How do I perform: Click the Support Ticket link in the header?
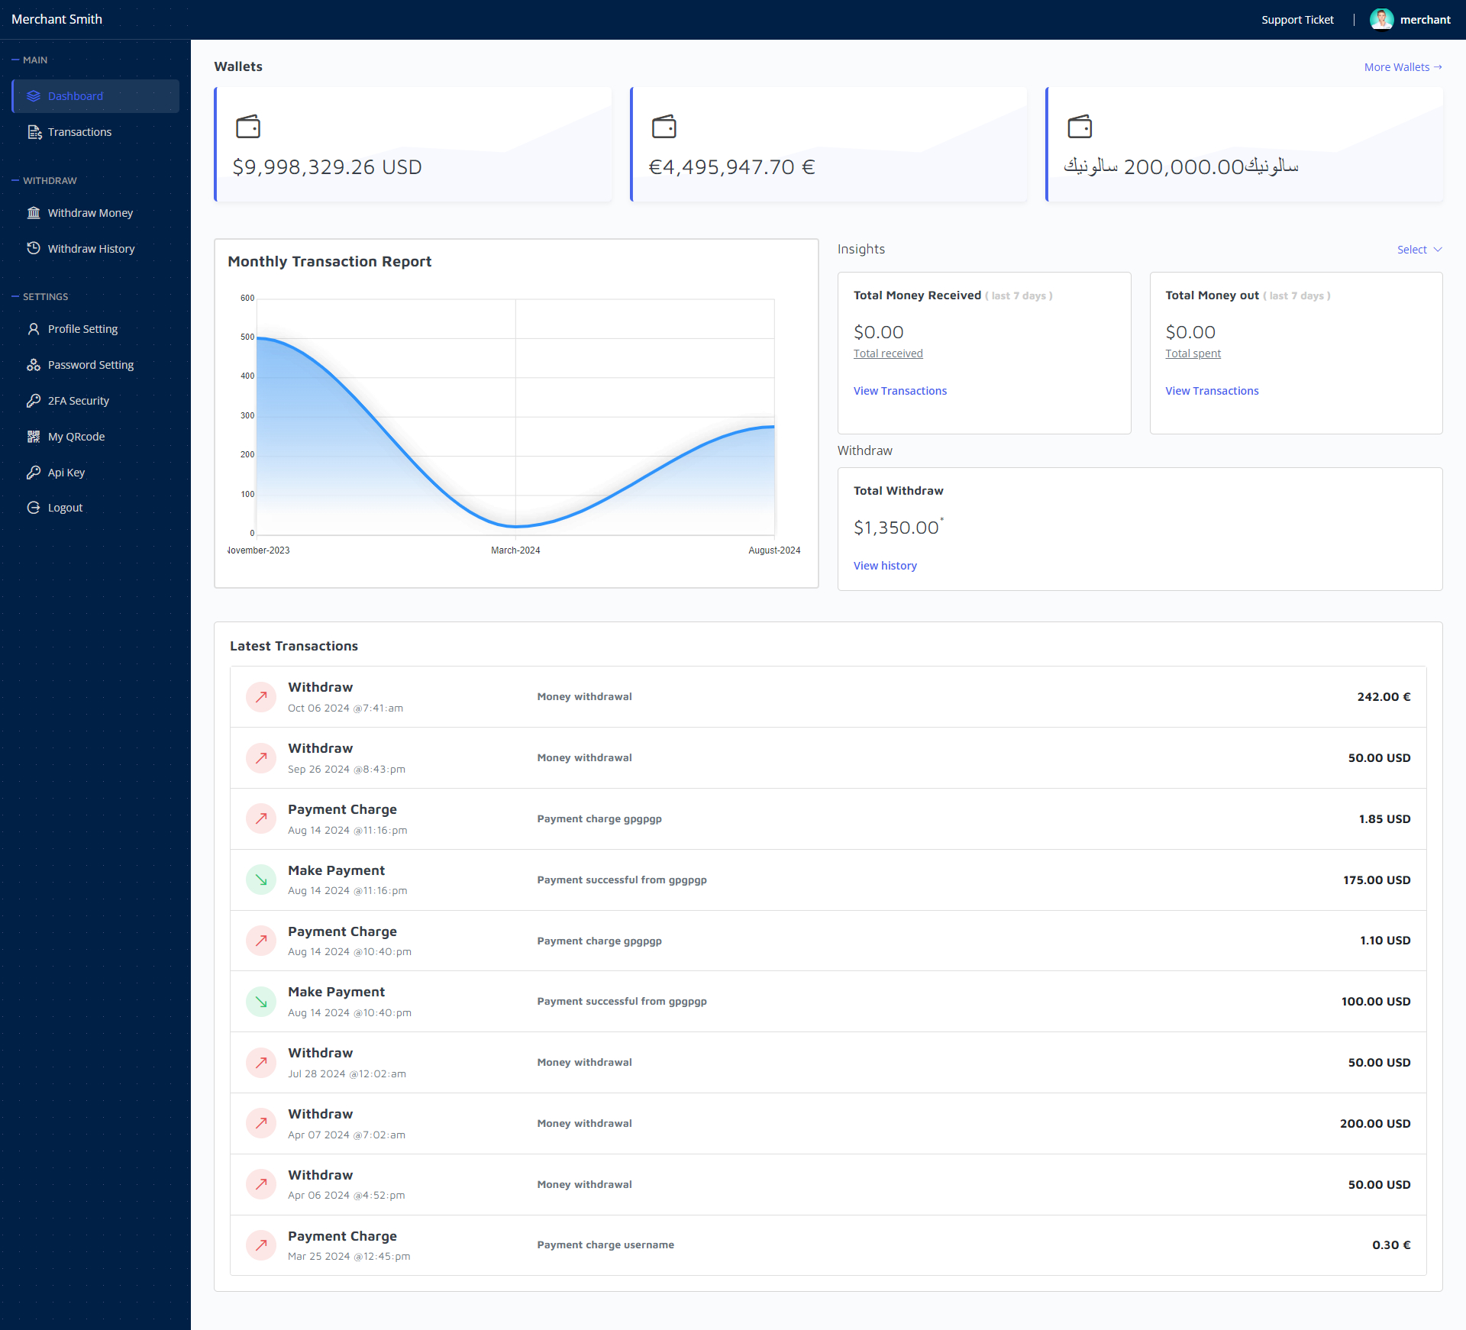[x=1297, y=20]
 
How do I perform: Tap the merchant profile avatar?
[x=1381, y=19]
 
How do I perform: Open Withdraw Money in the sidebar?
[x=90, y=213]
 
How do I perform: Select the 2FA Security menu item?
[x=78, y=401]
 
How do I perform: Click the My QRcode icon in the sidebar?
[x=34, y=437]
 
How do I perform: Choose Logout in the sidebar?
[x=65, y=508]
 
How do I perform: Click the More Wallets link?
[x=1403, y=67]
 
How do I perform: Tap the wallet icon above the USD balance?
[x=248, y=126]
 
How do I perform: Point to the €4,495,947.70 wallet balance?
[x=731, y=167]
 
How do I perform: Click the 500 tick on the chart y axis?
[x=247, y=337]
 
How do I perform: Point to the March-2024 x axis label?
[x=515, y=550]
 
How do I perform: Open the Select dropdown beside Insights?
[x=1419, y=250]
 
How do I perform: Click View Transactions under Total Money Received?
[x=899, y=391]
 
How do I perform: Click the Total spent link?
[x=1193, y=353]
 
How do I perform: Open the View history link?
[x=885, y=566]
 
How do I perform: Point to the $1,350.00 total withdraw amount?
[x=896, y=528]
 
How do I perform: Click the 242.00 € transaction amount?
[x=1384, y=697]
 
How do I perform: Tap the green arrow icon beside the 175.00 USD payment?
[x=261, y=880]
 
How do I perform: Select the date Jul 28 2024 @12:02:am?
[x=347, y=1073]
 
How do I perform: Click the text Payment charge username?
[x=605, y=1244]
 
